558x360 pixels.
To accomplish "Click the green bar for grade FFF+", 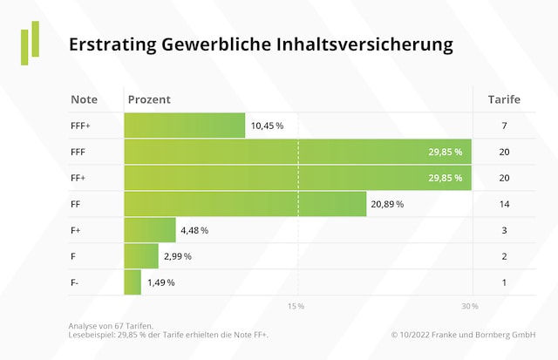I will click(x=184, y=126).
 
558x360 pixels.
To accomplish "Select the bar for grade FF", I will click(x=245, y=204).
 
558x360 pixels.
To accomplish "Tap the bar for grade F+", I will click(x=150, y=230).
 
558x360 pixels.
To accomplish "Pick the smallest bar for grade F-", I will click(x=133, y=282).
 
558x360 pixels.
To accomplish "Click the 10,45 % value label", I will click(x=267, y=126).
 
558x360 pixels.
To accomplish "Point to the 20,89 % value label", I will click(x=387, y=204).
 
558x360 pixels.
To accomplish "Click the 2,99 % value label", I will click(x=176, y=256).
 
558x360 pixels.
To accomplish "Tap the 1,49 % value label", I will click(x=160, y=282).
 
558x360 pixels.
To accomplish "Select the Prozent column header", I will click(x=149, y=99).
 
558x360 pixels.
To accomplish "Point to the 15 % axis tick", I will click(x=296, y=306).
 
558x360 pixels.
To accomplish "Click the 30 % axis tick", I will click(x=470, y=306).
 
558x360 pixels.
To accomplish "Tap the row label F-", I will click(x=76, y=282).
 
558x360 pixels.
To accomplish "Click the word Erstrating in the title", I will click(x=112, y=44).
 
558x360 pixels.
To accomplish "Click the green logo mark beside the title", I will click(x=31, y=44).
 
